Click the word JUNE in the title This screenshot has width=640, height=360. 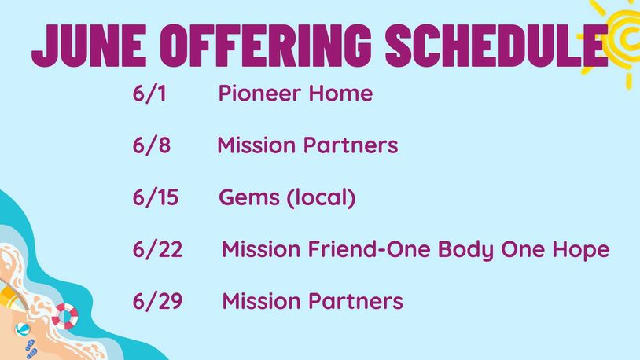(89, 46)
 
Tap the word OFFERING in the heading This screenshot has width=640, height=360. (266, 46)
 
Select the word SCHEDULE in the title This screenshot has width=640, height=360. (497, 46)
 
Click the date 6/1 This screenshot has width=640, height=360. (149, 93)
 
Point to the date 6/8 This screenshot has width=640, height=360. (152, 145)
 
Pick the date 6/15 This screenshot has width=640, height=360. (156, 197)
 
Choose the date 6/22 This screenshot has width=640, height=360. (157, 249)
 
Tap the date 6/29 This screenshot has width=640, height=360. (157, 301)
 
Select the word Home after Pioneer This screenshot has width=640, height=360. (340, 93)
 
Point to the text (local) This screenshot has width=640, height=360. (322, 198)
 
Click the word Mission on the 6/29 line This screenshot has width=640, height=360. (261, 301)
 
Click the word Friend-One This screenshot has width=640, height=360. (369, 249)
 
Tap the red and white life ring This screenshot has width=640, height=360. (65, 316)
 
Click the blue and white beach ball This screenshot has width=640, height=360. (23, 329)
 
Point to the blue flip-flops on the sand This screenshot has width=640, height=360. (31, 349)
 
